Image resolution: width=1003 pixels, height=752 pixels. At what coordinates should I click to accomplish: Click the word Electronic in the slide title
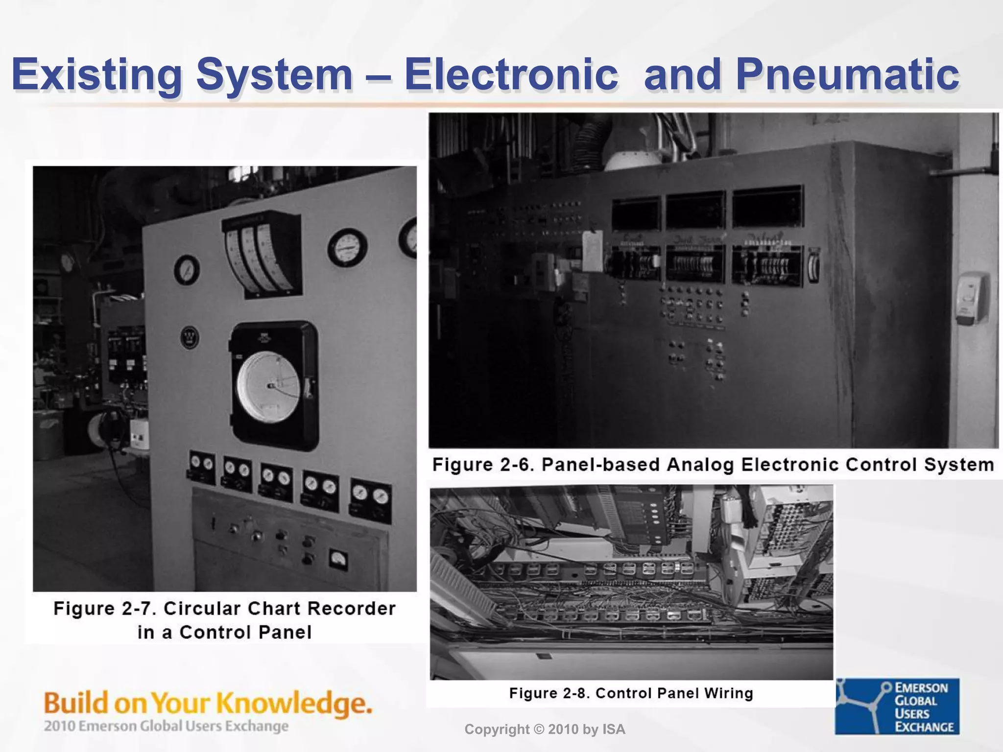coord(511,75)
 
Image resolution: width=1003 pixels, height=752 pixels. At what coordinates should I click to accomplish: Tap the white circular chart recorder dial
coord(268,386)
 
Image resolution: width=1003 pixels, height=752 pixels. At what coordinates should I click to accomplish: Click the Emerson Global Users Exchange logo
coord(897,706)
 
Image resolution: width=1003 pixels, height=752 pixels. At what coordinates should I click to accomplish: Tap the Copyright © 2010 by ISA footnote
coord(545,729)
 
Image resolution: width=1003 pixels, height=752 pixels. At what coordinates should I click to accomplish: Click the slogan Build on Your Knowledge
coord(208,703)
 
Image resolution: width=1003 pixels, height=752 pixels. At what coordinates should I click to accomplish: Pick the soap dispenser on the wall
coord(972,298)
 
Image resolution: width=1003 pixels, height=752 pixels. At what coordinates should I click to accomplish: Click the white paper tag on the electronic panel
coord(593,251)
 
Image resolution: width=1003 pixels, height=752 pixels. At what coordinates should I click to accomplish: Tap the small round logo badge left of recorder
coord(190,337)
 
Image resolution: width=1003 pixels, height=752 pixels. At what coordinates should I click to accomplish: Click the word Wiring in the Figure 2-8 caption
coord(728,693)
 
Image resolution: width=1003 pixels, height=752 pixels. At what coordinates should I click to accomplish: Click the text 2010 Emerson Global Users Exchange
coord(166,726)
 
